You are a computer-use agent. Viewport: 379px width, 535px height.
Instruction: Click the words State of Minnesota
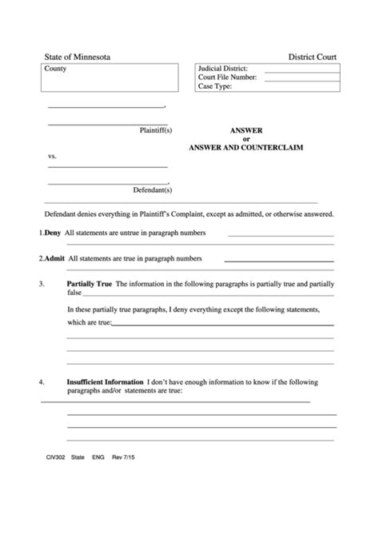pyautogui.click(x=78, y=58)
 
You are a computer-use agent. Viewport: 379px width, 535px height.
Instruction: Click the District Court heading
pyautogui.click(x=313, y=58)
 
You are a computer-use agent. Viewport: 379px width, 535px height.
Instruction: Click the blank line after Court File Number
pyautogui.click(x=300, y=78)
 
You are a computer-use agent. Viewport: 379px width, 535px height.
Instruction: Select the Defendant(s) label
pyautogui.click(x=153, y=190)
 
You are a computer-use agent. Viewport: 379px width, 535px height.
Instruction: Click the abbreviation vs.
pyautogui.click(x=52, y=156)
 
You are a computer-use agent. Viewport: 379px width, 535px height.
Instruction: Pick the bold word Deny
pyautogui.click(x=52, y=233)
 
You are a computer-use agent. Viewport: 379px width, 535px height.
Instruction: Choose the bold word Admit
pyautogui.click(x=54, y=258)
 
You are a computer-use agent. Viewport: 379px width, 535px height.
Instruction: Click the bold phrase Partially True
pyautogui.click(x=90, y=284)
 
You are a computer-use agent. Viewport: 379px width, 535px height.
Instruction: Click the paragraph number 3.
pyautogui.click(x=41, y=284)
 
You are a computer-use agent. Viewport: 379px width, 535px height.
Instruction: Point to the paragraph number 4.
pyautogui.click(x=41, y=381)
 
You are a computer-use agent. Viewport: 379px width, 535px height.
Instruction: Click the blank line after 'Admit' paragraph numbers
pyautogui.click(x=278, y=261)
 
